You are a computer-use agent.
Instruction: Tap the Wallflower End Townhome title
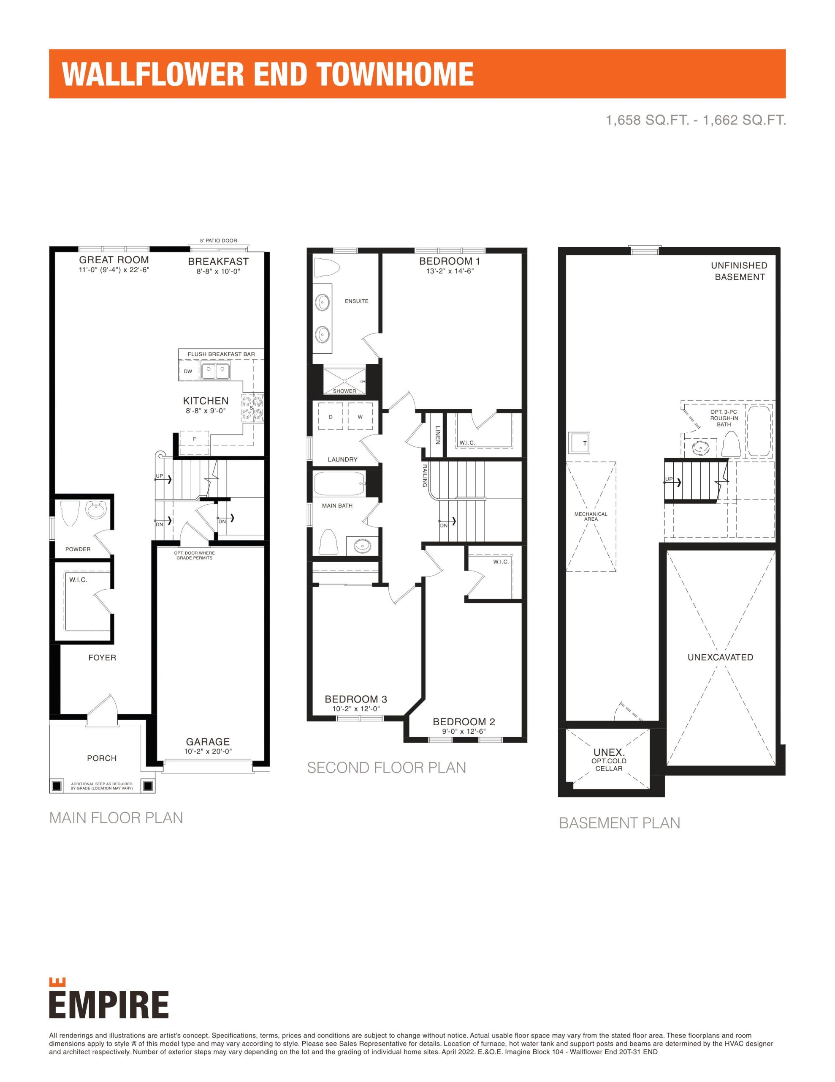pyautogui.click(x=268, y=74)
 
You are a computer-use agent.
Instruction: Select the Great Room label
pyautogui.click(x=114, y=260)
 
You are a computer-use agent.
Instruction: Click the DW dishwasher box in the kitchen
pyautogui.click(x=189, y=371)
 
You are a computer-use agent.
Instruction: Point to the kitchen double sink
pyautogui.click(x=215, y=371)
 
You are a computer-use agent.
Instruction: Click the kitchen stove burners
pyautogui.click(x=252, y=408)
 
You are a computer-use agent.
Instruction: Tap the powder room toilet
pyautogui.click(x=69, y=514)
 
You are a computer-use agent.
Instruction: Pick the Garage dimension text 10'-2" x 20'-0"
pyautogui.click(x=208, y=751)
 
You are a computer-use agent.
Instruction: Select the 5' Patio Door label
pyautogui.click(x=218, y=241)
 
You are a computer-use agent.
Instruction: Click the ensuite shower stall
pyautogui.click(x=344, y=381)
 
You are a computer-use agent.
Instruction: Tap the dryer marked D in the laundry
pyautogui.click(x=331, y=417)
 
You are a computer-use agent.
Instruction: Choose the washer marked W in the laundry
pyautogui.click(x=361, y=417)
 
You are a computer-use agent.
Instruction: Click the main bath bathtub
pyautogui.click(x=339, y=483)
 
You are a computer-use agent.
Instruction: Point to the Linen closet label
pyautogui.click(x=437, y=435)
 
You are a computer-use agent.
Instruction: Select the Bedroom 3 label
pyautogui.click(x=356, y=699)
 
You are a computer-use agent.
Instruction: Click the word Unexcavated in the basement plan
pyautogui.click(x=720, y=657)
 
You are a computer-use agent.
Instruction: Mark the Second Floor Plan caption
pyautogui.click(x=387, y=768)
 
